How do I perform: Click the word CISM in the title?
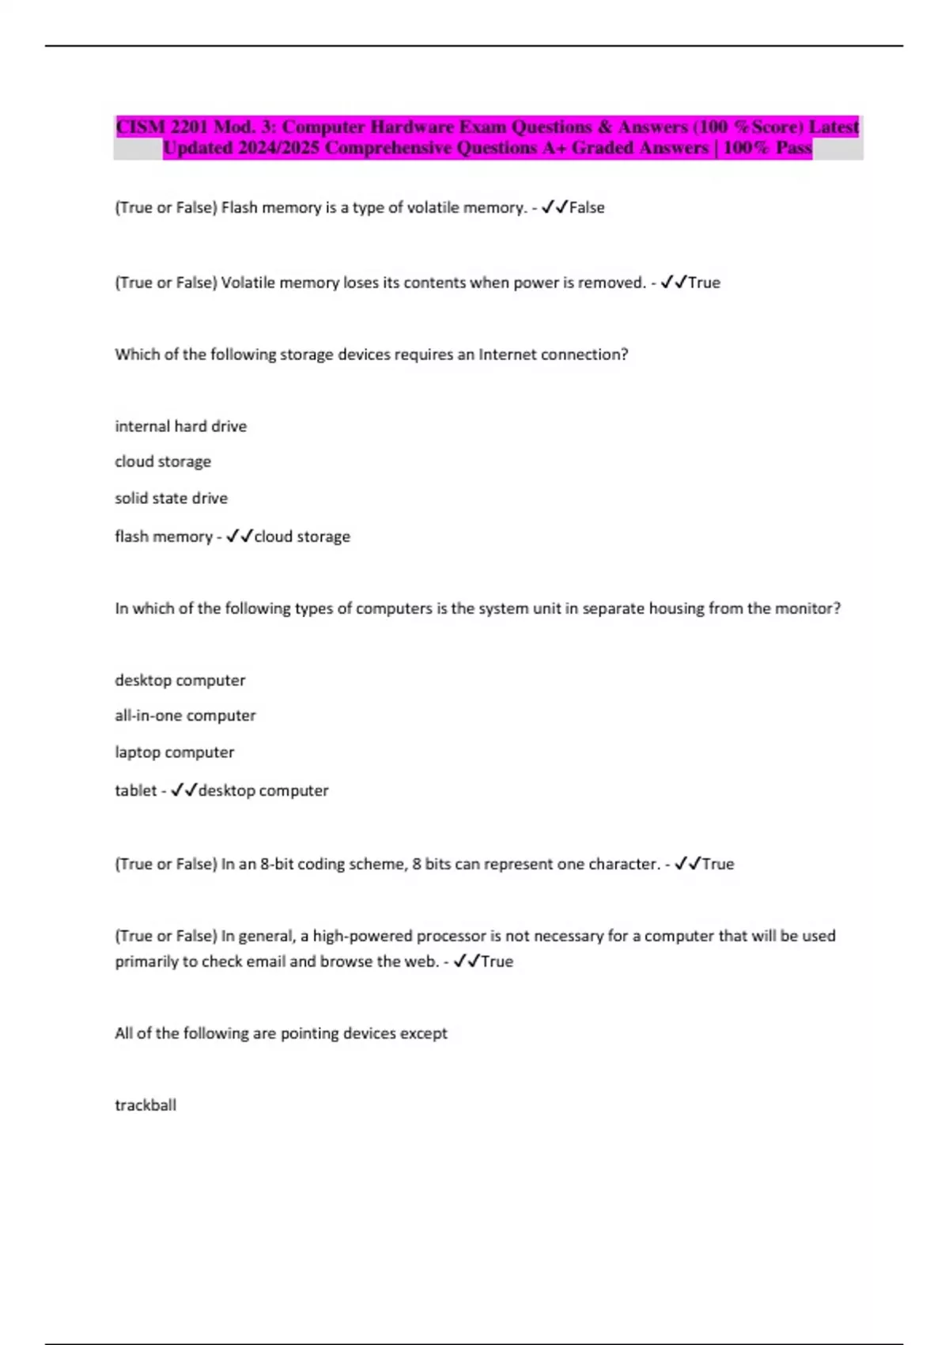click(140, 127)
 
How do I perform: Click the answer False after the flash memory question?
click(587, 208)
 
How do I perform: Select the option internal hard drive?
click(180, 426)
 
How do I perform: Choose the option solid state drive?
click(171, 498)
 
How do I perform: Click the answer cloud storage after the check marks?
click(302, 536)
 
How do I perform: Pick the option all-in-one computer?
click(185, 715)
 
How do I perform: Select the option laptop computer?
click(174, 752)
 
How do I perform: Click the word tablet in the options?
click(135, 790)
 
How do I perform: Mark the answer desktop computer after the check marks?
click(263, 790)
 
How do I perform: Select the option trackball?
click(146, 1105)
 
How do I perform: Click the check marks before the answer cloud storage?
click(239, 536)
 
